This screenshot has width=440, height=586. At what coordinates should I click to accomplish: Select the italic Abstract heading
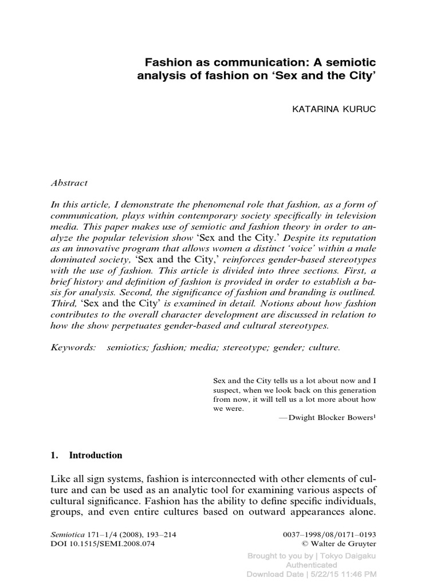point(69,183)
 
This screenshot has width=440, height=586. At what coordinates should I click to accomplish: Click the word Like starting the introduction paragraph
point(61,477)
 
